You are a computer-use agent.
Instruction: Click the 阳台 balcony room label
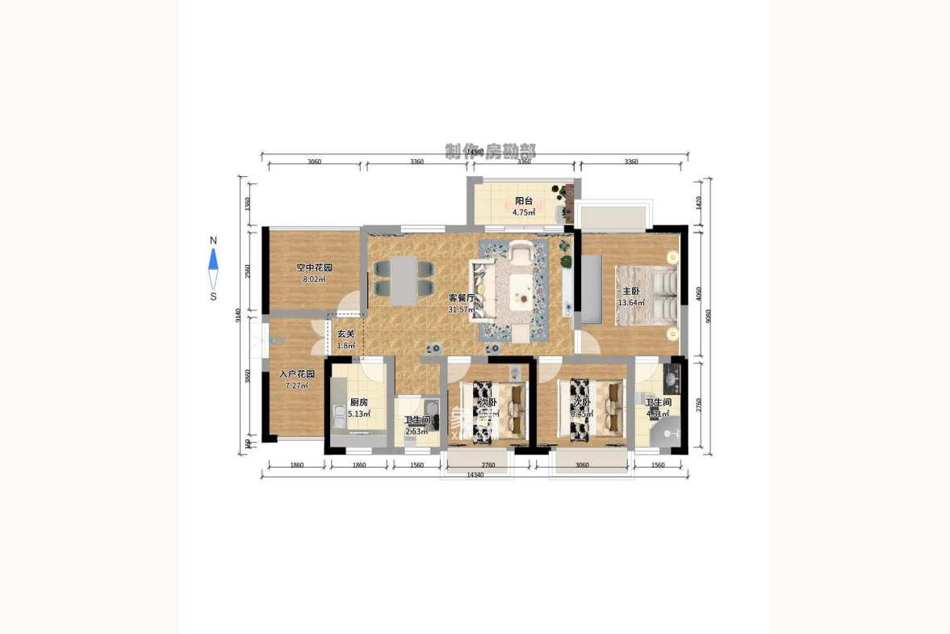click(x=525, y=202)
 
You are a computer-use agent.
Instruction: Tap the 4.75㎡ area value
click(x=525, y=213)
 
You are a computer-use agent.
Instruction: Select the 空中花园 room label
click(x=314, y=267)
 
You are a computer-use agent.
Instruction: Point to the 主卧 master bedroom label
click(x=630, y=292)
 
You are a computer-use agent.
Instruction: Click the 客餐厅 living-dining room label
click(x=461, y=297)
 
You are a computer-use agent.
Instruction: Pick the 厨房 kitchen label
click(x=359, y=402)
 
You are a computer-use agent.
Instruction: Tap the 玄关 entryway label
click(x=345, y=334)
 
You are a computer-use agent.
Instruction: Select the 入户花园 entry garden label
click(x=297, y=375)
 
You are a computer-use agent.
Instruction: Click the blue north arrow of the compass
click(x=214, y=258)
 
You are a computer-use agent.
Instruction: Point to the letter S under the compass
click(x=213, y=296)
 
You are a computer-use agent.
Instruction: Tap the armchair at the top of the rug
click(x=521, y=254)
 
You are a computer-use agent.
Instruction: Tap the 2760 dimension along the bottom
click(x=488, y=465)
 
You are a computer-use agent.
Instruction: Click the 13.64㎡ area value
click(x=630, y=303)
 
